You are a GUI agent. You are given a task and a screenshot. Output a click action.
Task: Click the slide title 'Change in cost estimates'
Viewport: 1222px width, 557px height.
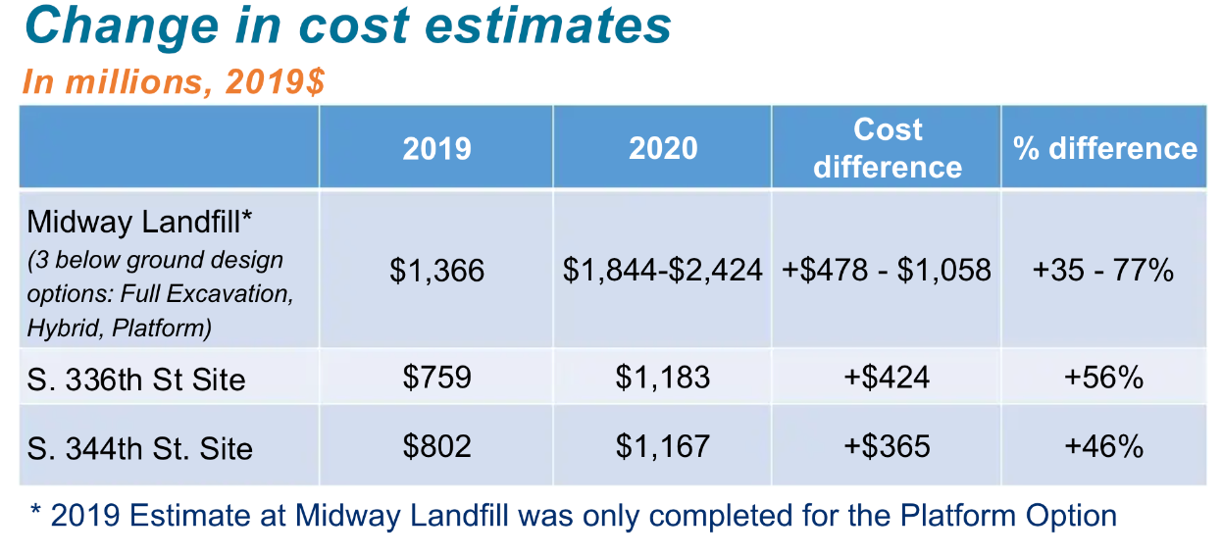click(348, 26)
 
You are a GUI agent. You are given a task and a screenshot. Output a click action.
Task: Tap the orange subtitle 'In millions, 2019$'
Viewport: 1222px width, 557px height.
click(173, 81)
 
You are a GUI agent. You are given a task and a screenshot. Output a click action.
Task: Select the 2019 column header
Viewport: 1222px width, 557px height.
click(436, 148)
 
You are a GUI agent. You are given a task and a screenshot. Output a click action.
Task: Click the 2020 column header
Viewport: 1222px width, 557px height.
click(663, 148)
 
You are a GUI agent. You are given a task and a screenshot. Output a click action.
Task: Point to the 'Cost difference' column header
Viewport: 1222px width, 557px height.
click(887, 148)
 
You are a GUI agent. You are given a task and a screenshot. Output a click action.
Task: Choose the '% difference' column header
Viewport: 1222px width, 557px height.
click(1104, 148)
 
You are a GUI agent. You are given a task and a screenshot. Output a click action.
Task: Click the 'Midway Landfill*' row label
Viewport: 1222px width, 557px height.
click(133, 222)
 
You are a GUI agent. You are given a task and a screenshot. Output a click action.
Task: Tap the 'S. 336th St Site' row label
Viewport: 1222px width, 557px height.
click(136, 379)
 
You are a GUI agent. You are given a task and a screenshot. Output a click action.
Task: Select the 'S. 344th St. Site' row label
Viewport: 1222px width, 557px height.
click(139, 448)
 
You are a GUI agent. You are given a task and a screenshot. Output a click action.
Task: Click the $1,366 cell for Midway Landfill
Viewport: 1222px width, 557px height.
click(436, 271)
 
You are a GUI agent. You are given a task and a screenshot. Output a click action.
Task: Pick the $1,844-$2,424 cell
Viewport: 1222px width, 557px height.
click(663, 271)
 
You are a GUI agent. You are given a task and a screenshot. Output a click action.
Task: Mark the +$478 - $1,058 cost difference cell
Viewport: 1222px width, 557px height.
click(887, 271)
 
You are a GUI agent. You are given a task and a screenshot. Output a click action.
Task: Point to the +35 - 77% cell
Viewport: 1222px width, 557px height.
click(1103, 271)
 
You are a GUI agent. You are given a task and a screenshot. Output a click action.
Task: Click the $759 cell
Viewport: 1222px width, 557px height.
click(436, 378)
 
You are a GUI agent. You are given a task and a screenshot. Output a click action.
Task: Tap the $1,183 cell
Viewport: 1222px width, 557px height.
click(663, 378)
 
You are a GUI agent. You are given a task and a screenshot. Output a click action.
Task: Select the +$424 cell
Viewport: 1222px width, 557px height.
click(887, 378)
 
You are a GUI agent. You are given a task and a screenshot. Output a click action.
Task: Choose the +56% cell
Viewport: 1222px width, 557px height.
click(1103, 378)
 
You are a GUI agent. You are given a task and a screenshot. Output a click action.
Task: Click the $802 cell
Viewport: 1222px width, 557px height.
click(436, 447)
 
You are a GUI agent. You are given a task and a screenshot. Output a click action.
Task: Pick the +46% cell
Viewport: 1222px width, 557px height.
click(1103, 447)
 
